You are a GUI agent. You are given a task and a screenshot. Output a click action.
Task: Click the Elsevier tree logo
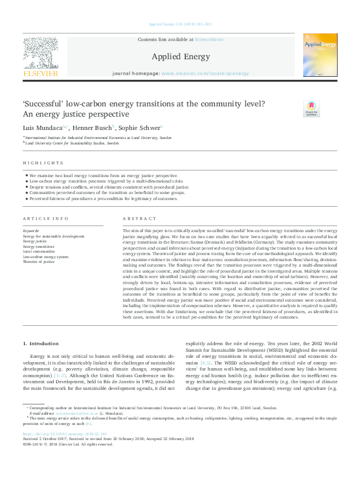(x=41, y=56)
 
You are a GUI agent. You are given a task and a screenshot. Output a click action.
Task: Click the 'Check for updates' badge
(x=310, y=108)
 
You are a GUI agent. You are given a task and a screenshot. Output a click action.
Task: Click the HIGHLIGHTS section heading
(x=43, y=163)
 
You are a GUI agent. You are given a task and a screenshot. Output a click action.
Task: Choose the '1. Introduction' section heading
(x=41, y=343)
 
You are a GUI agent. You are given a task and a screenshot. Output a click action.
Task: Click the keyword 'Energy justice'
(x=35, y=241)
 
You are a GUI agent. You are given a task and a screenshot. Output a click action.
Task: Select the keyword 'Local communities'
(x=39, y=251)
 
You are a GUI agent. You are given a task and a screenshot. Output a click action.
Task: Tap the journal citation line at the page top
(x=180, y=24)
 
